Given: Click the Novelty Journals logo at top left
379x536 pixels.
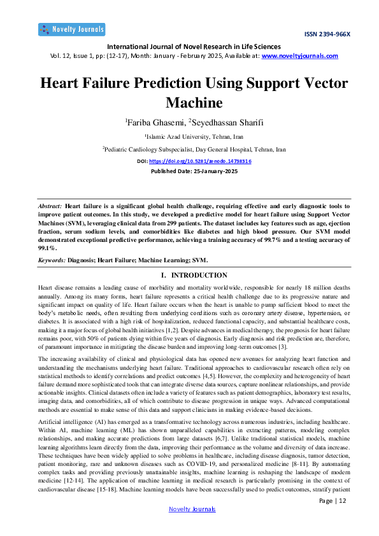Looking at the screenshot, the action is tap(71, 29).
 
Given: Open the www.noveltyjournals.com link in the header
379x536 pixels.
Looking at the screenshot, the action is tap(300, 56).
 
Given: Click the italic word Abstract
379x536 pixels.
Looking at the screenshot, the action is tap(50, 206).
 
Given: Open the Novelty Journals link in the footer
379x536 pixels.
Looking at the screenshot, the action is tap(192, 509).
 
